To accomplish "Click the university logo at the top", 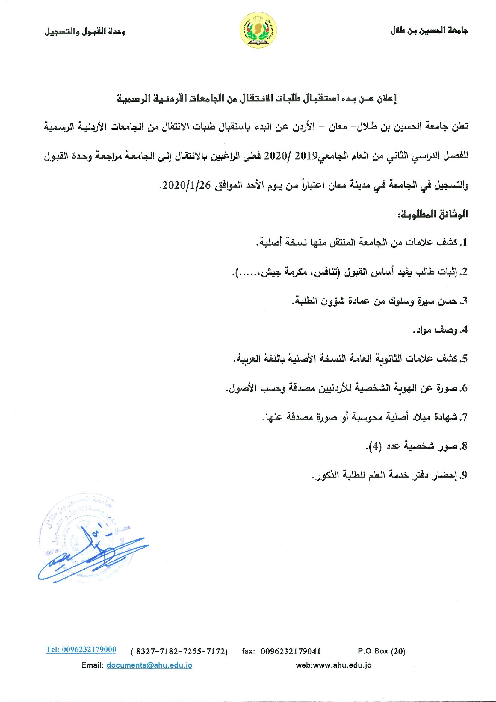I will click(258, 31).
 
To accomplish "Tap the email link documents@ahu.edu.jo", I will click(149, 665).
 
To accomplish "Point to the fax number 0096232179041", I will click(290, 651).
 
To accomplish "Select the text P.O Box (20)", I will click(381, 651).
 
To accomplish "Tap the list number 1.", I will click(464, 243).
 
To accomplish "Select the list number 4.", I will click(464, 330).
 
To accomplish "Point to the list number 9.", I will click(464, 475).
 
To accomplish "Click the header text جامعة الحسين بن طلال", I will click(429, 31).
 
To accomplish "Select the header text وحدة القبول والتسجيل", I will click(85, 31).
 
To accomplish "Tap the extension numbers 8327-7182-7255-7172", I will click(179, 651).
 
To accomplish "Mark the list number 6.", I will click(464, 388).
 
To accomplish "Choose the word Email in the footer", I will click(92, 665).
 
